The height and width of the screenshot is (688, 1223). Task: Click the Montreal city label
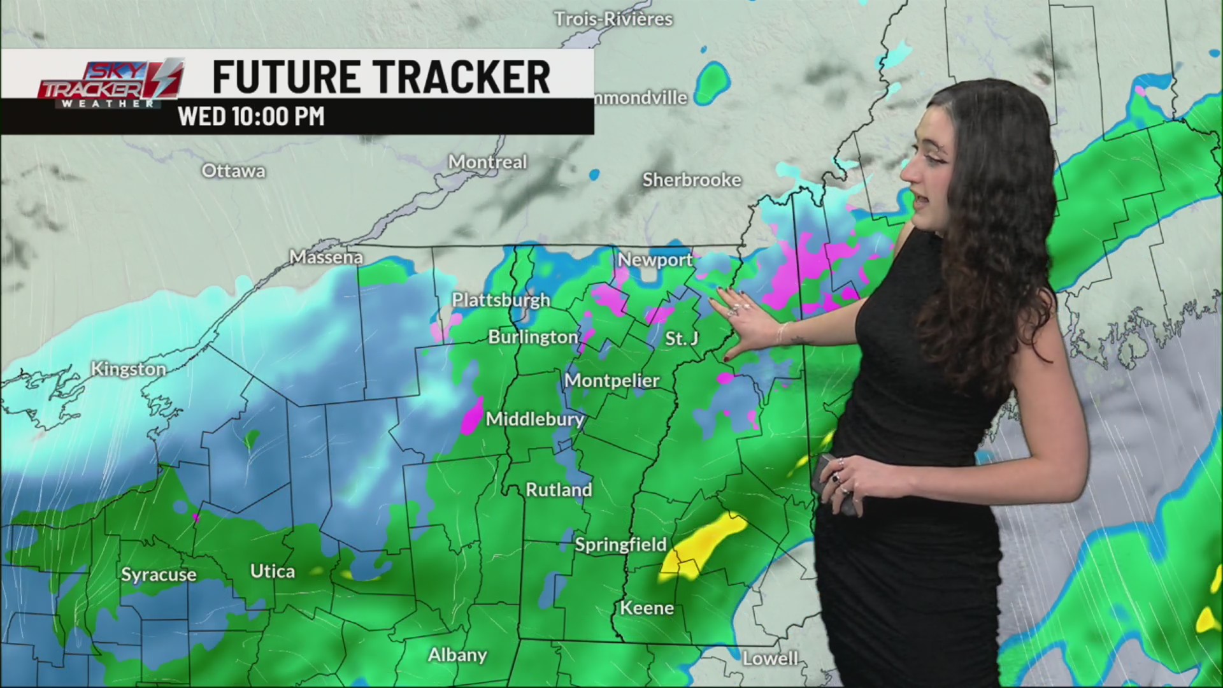(487, 162)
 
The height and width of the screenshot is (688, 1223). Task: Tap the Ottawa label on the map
(233, 171)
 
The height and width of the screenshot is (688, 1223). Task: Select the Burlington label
(533, 336)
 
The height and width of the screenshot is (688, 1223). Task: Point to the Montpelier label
(611, 380)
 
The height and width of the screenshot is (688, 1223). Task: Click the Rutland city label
(559, 489)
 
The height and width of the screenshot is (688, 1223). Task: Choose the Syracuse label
(159, 575)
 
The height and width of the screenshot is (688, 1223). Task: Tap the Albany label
(457, 655)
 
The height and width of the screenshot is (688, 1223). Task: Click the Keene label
(647, 608)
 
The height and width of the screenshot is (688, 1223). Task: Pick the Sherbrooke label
(692, 180)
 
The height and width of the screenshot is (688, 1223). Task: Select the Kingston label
(128, 369)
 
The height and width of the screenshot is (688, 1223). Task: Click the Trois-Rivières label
(613, 19)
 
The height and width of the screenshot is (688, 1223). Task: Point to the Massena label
(326, 257)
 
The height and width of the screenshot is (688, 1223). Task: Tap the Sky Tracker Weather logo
(110, 83)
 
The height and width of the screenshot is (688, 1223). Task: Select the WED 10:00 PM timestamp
(251, 117)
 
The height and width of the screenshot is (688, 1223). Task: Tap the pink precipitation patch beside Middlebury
(472, 416)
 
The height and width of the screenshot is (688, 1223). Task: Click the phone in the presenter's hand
(834, 484)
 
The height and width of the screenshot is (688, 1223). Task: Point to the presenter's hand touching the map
(745, 319)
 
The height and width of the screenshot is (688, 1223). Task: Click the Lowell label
(770, 658)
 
